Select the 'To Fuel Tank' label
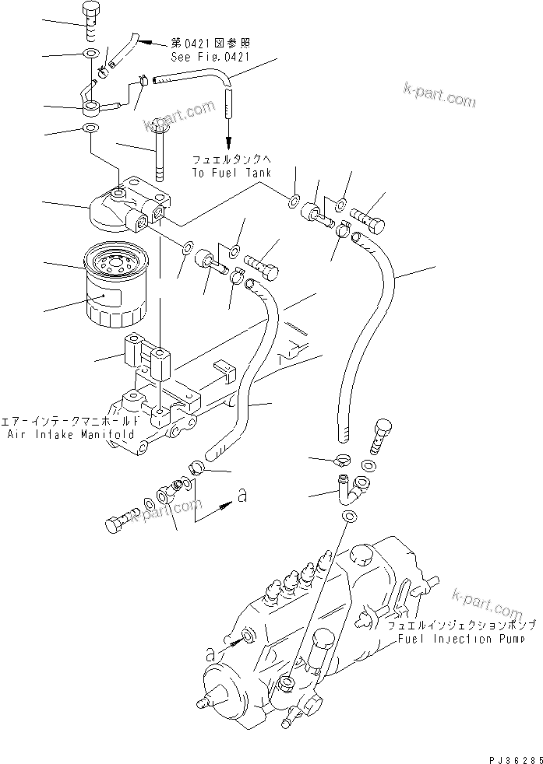tap(230, 173)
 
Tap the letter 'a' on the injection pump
tap(210, 655)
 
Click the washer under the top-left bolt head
tap(91, 54)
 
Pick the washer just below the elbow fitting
tap(351, 518)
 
